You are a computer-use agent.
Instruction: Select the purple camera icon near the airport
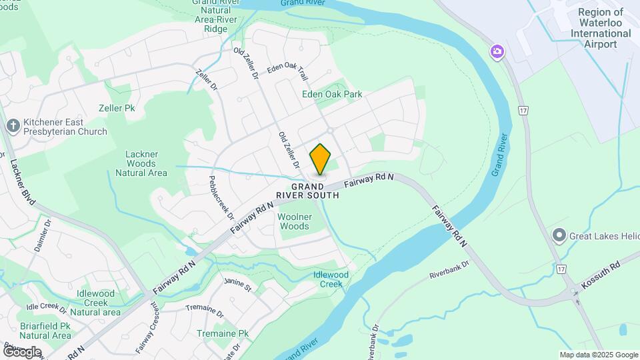pos(497,52)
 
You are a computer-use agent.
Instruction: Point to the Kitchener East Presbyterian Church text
pos(65,127)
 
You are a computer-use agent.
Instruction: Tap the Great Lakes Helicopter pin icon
pos(559,235)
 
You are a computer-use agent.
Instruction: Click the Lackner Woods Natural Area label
pos(141,163)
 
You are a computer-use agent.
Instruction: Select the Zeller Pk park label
pos(121,107)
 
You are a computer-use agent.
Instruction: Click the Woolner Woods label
pos(293,221)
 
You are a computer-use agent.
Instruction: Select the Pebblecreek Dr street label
pos(221,198)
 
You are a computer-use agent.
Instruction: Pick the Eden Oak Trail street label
pos(287,69)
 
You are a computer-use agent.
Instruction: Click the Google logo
pos(21,351)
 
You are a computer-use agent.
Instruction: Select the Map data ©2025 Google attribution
pos(599,355)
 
